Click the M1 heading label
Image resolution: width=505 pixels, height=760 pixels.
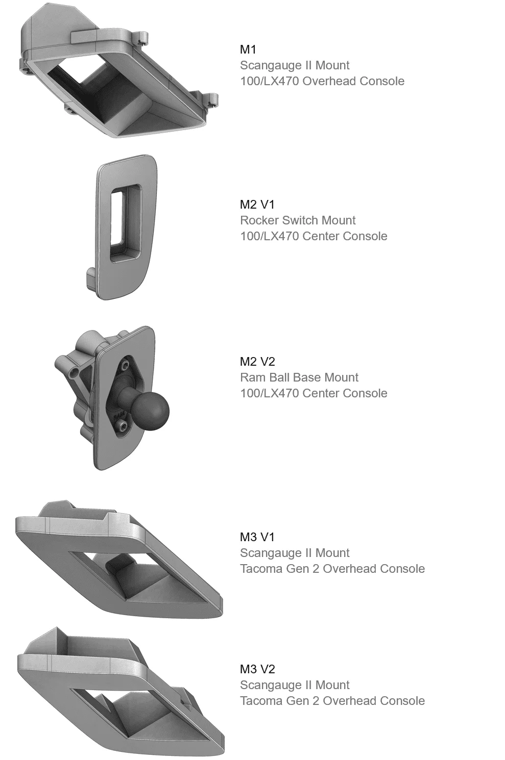[x=248, y=49]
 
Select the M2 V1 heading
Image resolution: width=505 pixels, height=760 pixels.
[x=257, y=205]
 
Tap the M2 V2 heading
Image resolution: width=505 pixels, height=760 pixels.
[x=257, y=362]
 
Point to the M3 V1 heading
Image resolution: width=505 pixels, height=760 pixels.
[x=257, y=537]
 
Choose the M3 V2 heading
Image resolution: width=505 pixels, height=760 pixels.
[x=257, y=669]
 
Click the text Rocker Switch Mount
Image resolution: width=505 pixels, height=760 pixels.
[x=298, y=220]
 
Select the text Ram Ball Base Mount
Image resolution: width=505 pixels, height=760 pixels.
[x=299, y=377]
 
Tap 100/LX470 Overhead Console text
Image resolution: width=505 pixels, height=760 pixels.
[x=322, y=81]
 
